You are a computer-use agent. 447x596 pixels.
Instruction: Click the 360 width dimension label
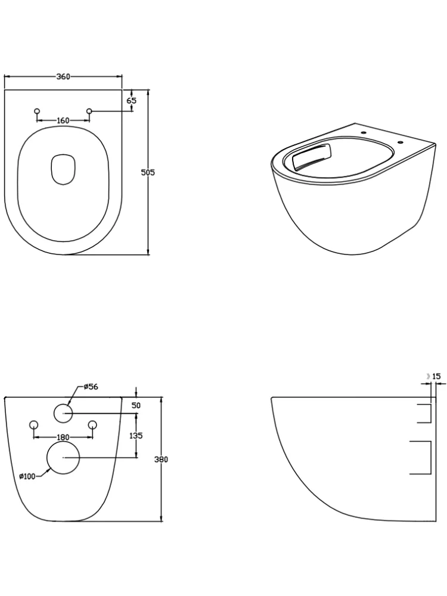point(63,76)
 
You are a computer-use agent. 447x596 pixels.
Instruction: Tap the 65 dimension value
point(132,101)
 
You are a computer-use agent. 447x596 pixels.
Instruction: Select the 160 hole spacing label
point(63,120)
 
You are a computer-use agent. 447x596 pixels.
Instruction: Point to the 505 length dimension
point(148,172)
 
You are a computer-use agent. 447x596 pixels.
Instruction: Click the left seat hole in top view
point(37,111)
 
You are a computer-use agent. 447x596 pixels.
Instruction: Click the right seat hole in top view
point(89,111)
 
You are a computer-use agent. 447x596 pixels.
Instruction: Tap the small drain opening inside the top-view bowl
point(63,169)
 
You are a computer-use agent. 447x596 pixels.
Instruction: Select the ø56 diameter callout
point(91,387)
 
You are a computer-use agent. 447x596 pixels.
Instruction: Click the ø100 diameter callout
point(28,476)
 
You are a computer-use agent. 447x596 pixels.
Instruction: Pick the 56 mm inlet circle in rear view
point(63,413)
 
